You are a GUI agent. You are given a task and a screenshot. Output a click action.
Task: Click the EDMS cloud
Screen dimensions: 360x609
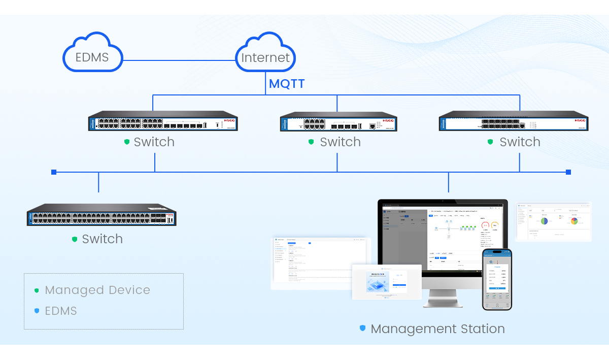pos(92,54)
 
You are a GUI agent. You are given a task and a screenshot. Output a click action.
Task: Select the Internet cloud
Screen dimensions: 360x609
pos(265,54)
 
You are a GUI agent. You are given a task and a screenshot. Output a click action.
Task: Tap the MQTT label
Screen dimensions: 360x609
pos(287,84)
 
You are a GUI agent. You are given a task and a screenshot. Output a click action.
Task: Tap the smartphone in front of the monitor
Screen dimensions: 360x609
pos(497,279)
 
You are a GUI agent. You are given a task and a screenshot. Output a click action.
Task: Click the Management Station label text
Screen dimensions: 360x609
pos(437,329)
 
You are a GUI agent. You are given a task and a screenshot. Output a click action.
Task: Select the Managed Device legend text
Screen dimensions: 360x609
pos(97,290)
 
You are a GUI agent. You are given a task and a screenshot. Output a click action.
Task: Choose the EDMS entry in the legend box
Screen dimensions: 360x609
pos(61,311)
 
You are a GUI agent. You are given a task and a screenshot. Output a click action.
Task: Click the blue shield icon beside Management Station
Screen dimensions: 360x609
pos(362,329)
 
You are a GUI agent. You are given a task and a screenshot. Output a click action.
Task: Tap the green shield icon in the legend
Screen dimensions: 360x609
pos(37,290)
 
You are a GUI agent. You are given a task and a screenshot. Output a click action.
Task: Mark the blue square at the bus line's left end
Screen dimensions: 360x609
pos(54,172)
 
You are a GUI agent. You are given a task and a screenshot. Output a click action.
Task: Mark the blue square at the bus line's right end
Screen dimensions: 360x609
pos(568,172)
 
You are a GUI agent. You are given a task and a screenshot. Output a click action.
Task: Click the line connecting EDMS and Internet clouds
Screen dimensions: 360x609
pos(179,60)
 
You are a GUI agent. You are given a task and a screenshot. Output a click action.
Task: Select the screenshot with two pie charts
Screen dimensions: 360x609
pos(554,221)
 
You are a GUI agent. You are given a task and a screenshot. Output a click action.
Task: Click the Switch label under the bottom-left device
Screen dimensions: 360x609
pos(102,239)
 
